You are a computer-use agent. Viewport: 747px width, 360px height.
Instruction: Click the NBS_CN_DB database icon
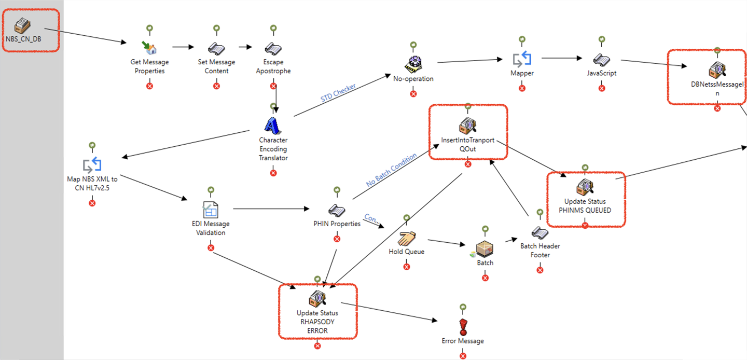(22, 24)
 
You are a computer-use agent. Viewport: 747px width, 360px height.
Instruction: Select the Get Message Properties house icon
(149, 47)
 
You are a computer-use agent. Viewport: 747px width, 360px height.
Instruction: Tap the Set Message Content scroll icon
(216, 48)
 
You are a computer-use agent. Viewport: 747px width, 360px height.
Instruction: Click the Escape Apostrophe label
(273, 66)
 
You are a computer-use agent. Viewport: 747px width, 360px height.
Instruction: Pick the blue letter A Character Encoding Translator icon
(273, 125)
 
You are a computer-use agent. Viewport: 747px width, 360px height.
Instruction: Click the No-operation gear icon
(413, 64)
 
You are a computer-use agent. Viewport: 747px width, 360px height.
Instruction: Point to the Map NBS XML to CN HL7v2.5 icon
(92, 165)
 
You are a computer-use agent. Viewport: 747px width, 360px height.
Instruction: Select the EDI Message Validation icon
(210, 210)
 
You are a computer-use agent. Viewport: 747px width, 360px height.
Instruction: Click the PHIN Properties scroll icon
(337, 210)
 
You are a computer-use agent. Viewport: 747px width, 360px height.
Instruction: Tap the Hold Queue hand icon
(406, 238)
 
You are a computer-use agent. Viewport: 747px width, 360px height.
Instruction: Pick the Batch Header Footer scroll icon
(539, 232)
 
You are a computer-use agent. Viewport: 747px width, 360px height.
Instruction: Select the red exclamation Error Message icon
(463, 327)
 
